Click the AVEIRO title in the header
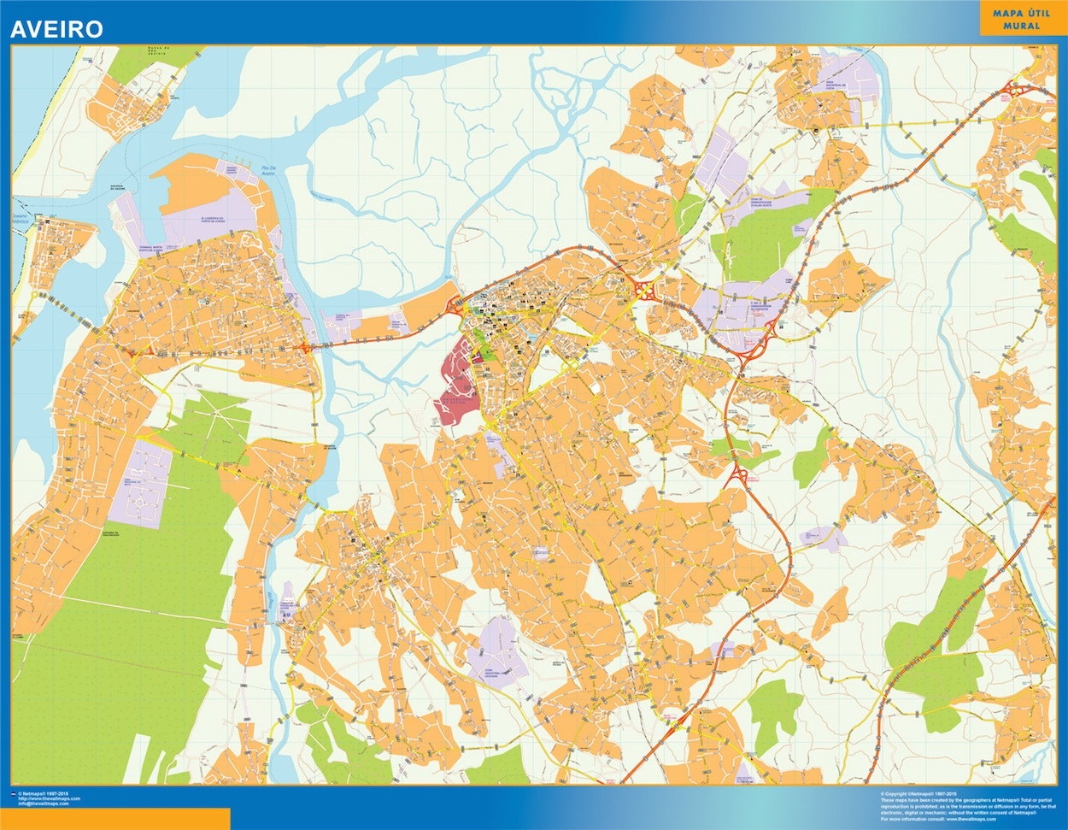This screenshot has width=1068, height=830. (x=56, y=29)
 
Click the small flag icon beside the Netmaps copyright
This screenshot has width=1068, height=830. (x=12, y=794)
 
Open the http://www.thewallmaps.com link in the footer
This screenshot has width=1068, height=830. (x=55, y=798)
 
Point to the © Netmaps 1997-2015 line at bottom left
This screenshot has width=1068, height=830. (x=47, y=794)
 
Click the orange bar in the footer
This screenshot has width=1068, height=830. (x=115, y=818)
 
